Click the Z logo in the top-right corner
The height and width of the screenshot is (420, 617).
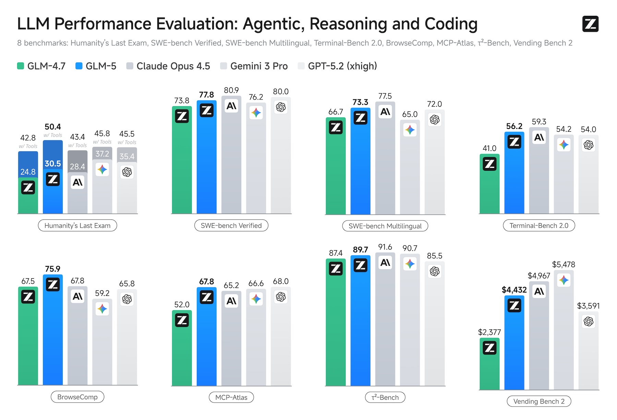[x=590, y=24]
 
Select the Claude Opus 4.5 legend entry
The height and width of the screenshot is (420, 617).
[x=168, y=66]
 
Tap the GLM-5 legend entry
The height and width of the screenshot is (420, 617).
[x=96, y=66]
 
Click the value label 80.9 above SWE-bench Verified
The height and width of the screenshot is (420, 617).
[x=231, y=90]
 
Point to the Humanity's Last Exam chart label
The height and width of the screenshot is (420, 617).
[x=77, y=226]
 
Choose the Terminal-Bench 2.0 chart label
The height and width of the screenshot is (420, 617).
[x=539, y=226]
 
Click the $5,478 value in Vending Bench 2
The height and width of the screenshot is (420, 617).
[x=564, y=264]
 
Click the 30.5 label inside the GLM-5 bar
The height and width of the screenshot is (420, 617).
[x=53, y=164]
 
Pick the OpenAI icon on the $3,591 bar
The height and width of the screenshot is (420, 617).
[x=589, y=321]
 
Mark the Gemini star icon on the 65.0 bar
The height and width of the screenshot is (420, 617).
[x=410, y=130]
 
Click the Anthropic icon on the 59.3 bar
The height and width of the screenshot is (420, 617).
[x=539, y=137]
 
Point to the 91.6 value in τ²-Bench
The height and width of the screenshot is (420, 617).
[x=385, y=247]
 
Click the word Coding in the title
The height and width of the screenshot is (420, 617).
[x=451, y=24]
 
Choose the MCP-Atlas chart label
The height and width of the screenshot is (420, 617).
[x=231, y=397]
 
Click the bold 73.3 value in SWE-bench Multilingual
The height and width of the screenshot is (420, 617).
[x=360, y=102]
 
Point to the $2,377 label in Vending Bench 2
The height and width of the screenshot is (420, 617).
[x=489, y=332]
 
